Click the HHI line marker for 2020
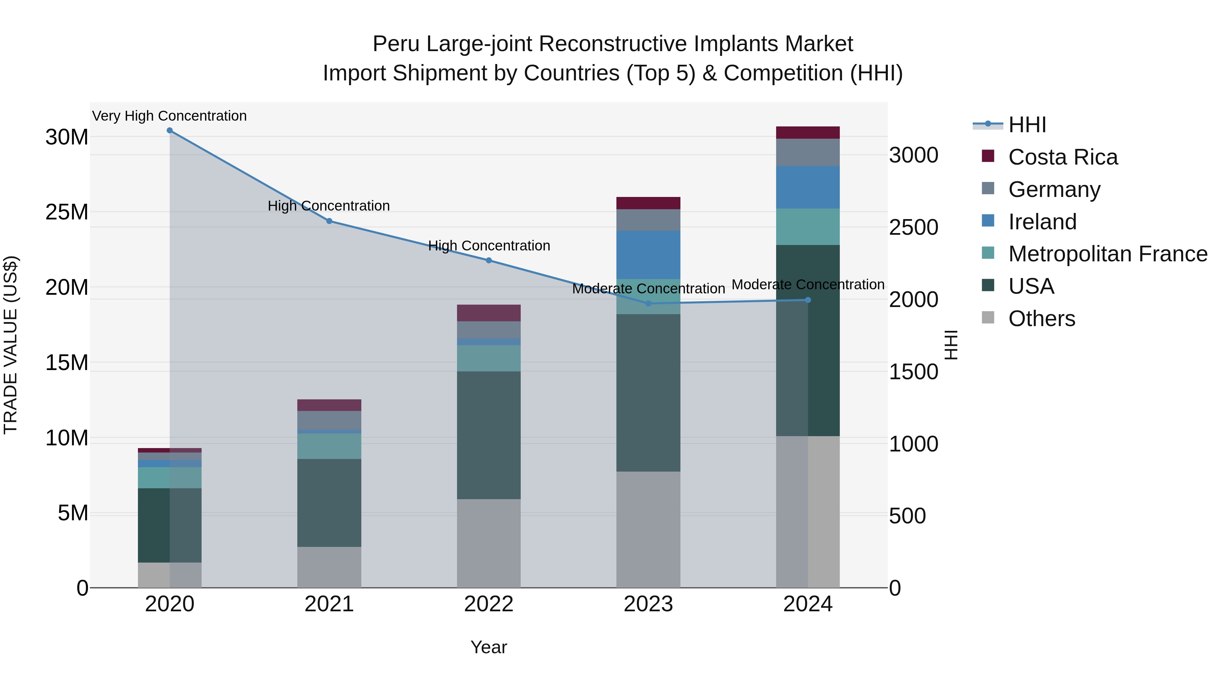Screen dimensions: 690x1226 tap(170, 131)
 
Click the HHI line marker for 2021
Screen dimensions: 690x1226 tap(329, 221)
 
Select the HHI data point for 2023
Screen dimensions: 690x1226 tap(648, 303)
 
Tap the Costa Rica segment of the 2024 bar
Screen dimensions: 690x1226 tap(808, 133)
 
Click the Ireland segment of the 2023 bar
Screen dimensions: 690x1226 tap(648, 255)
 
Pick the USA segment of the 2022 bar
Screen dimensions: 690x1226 tap(489, 435)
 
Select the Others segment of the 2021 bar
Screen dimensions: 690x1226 tap(329, 567)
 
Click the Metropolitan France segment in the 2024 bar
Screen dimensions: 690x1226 tap(808, 227)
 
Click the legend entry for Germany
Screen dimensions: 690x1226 tap(1054, 189)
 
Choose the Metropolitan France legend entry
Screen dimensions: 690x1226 tap(1107, 254)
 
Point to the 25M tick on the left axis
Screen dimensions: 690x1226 tap(67, 212)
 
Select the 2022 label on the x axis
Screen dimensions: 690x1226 tap(489, 604)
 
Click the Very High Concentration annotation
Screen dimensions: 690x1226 tap(170, 116)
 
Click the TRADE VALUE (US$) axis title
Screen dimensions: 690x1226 tap(11, 345)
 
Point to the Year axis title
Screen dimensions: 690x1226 tap(489, 647)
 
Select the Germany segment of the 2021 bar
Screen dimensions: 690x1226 tap(329, 420)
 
